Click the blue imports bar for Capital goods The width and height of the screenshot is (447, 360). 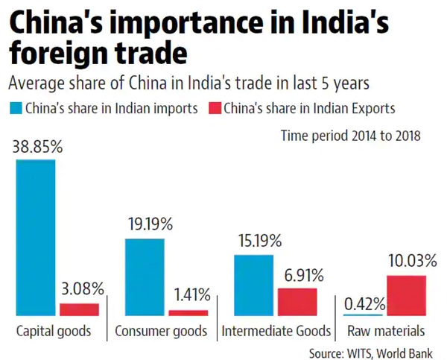[x=36, y=237]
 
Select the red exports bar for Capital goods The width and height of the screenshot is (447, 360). [x=79, y=309]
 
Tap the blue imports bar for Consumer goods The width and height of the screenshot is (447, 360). [x=145, y=277]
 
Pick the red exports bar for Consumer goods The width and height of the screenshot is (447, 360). [x=188, y=312]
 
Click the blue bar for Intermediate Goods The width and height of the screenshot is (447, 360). [x=253, y=285]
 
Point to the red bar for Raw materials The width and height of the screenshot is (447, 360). [x=406, y=295]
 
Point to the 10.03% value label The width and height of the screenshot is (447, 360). [x=407, y=260]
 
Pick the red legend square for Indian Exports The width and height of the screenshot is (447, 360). [x=215, y=107]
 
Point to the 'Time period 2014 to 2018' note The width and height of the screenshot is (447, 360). [x=350, y=136]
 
